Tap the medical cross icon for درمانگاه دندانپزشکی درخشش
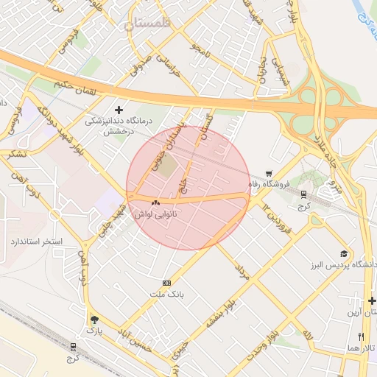coord(119,110)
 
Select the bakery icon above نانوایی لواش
coord(155,202)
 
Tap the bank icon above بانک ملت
coord(166,283)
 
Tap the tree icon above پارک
coord(94,320)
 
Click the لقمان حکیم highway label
coord(76,89)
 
